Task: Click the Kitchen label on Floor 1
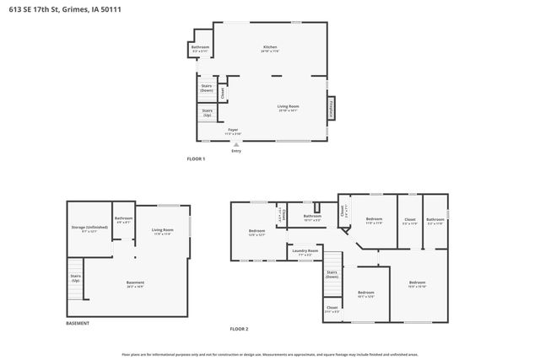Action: pyautogui.click(x=270, y=48)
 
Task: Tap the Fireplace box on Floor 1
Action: pyautogui.click(x=331, y=109)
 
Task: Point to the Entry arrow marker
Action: pyautogui.click(x=235, y=144)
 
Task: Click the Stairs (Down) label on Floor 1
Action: pyautogui.click(x=207, y=87)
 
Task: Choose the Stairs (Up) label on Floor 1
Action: pyautogui.click(x=207, y=111)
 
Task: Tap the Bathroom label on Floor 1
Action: pyautogui.click(x=200, y=50)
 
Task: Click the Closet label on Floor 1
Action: pyautogui.click(x=223, y=91)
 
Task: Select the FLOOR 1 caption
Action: pyautogui.click(x=196, y=159)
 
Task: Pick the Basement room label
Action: pyautogui.click(x=135, y=283)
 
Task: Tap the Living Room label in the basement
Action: pyautogui.click(x=162, y=231)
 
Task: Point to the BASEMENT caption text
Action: pyautogui.click(x=78, y=324)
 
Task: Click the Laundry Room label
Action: pyautogui.click(x=305, y=251)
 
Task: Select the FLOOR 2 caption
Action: pyautogui.click(x=240, y=328)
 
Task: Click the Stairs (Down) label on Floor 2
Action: pyautogui.click(x=332, y=275)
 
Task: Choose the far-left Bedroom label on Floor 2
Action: pyautogui.click(x=256, y=233)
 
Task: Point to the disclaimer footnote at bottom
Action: pyautogui.click(x=270, y=354)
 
